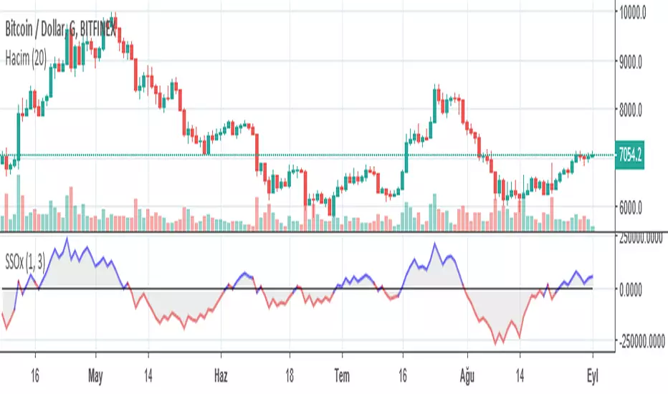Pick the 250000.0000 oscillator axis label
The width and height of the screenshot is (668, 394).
click(x=641, y=241)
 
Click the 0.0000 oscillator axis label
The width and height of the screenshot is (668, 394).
click(x=639, y=289)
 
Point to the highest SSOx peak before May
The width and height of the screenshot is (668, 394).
click(x=67, y=238)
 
